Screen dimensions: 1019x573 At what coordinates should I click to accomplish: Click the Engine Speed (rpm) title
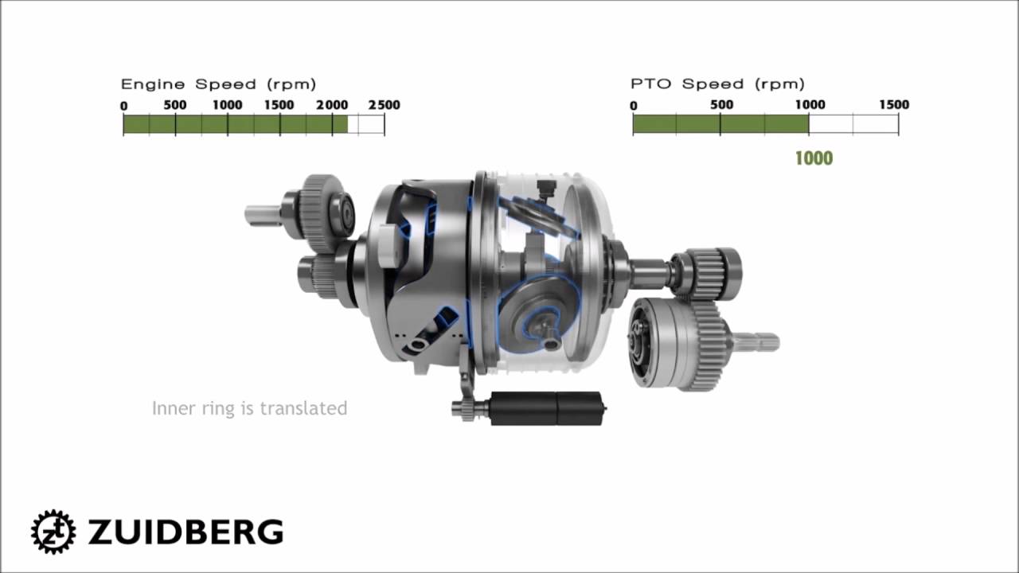218,84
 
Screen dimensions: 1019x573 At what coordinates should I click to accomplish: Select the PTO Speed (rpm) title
717,84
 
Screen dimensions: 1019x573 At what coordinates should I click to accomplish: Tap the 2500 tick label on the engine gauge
384,105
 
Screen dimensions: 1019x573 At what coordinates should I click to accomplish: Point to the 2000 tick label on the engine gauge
332,105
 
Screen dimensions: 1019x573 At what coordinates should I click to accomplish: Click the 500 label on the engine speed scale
175,105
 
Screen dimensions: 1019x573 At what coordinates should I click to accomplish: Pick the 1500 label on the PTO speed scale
894,104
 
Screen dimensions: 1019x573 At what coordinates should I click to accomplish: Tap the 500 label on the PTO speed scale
721,104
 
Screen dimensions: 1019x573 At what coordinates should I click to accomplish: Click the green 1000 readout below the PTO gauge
814,158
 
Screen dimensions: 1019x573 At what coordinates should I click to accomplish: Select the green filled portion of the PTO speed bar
721,124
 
